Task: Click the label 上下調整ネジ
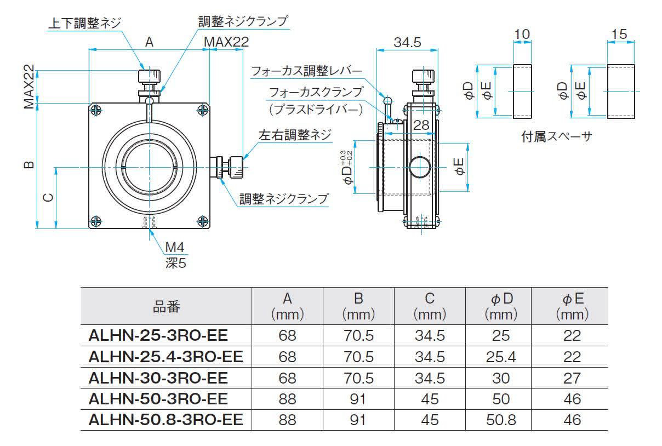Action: (85, 23)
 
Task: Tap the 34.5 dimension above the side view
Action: (407, 43)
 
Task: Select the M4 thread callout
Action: (174, 248)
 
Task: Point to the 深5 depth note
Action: (175, 263)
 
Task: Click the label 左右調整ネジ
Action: (295, 135)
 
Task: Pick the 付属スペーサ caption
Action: (556, 137)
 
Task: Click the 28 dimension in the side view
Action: (421, 125)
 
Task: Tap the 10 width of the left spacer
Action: (522, 35)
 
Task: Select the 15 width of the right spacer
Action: (619, 35)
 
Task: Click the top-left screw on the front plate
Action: (95, 111)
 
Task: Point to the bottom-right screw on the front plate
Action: (202, 221)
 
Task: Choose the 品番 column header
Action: (167, 306)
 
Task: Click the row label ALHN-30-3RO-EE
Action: (158, 378)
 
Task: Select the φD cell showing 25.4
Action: (501, 357)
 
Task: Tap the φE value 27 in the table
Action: (572, 378)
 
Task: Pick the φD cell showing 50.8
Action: (501, 420)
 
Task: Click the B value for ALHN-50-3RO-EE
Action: (358, 399)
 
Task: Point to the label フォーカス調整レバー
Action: (306, 71)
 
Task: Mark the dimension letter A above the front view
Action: (149, 42)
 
